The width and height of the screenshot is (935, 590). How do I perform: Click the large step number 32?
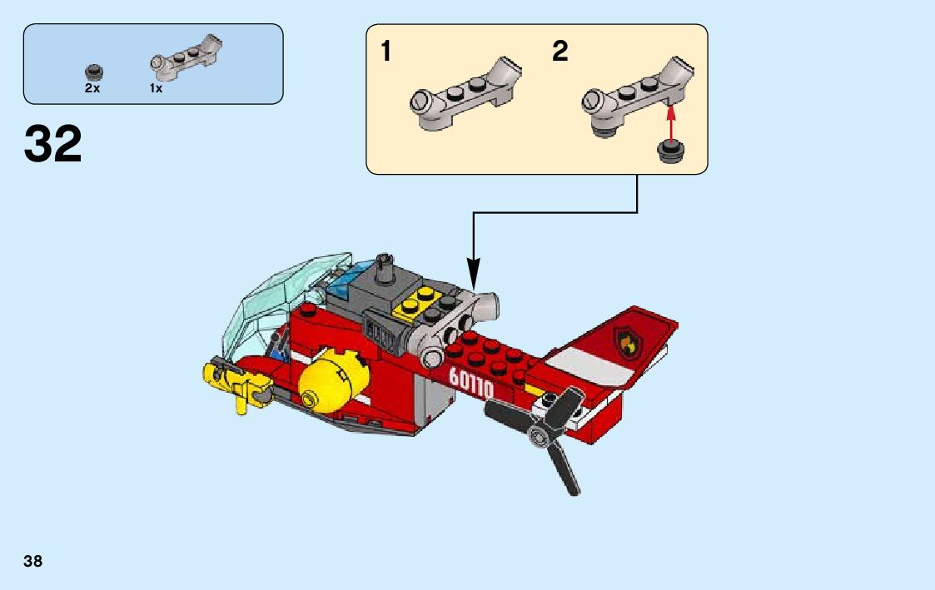click(53, 144)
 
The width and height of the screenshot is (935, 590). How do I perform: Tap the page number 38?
click(33, 561)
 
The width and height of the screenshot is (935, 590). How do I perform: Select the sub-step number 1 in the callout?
click(385, 52)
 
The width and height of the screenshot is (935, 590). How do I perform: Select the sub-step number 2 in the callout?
click(560, 52)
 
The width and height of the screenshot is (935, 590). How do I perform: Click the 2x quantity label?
click(92, 88)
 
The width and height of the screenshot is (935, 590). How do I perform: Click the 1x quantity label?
click(156, 88)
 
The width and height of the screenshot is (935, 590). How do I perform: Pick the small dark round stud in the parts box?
click(93, 71)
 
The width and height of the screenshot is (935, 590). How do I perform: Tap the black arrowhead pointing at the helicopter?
click(474, 271)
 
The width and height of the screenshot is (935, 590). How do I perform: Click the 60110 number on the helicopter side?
click(471, 382)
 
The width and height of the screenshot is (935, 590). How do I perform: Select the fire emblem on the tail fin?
click(625, 340)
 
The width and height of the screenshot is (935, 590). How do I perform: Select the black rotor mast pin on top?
click(385, 268)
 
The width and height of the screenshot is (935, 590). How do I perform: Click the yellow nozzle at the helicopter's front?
click(232, 382)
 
